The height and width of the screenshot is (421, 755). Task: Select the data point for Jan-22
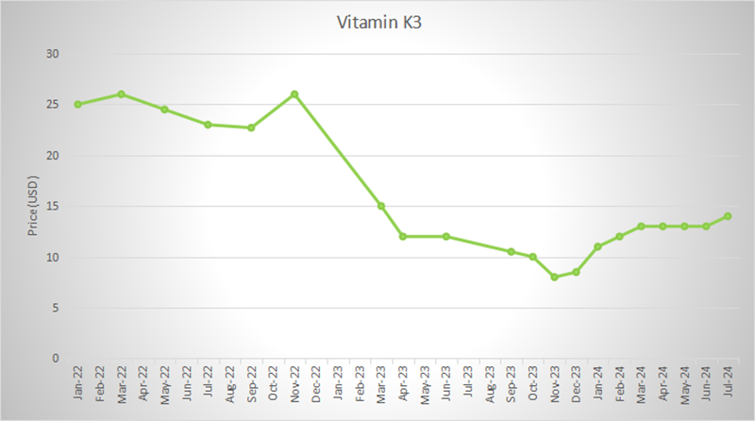(77, 104)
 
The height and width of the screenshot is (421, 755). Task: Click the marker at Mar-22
(121, 94)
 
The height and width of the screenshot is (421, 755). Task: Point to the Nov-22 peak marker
(294, 94)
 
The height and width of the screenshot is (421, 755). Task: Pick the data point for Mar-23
(381, 206)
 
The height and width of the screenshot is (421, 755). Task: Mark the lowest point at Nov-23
(554, 278)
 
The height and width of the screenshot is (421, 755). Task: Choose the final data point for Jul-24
(728, 216)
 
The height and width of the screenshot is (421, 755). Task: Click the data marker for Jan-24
(597, 246)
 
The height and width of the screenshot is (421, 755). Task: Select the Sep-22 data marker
(251, 127)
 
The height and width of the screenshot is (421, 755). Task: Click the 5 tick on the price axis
(56, 308)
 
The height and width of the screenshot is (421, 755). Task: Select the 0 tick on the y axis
(56, 359)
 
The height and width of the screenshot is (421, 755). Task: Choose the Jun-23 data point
(445, 236)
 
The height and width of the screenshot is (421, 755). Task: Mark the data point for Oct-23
(532, 257)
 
